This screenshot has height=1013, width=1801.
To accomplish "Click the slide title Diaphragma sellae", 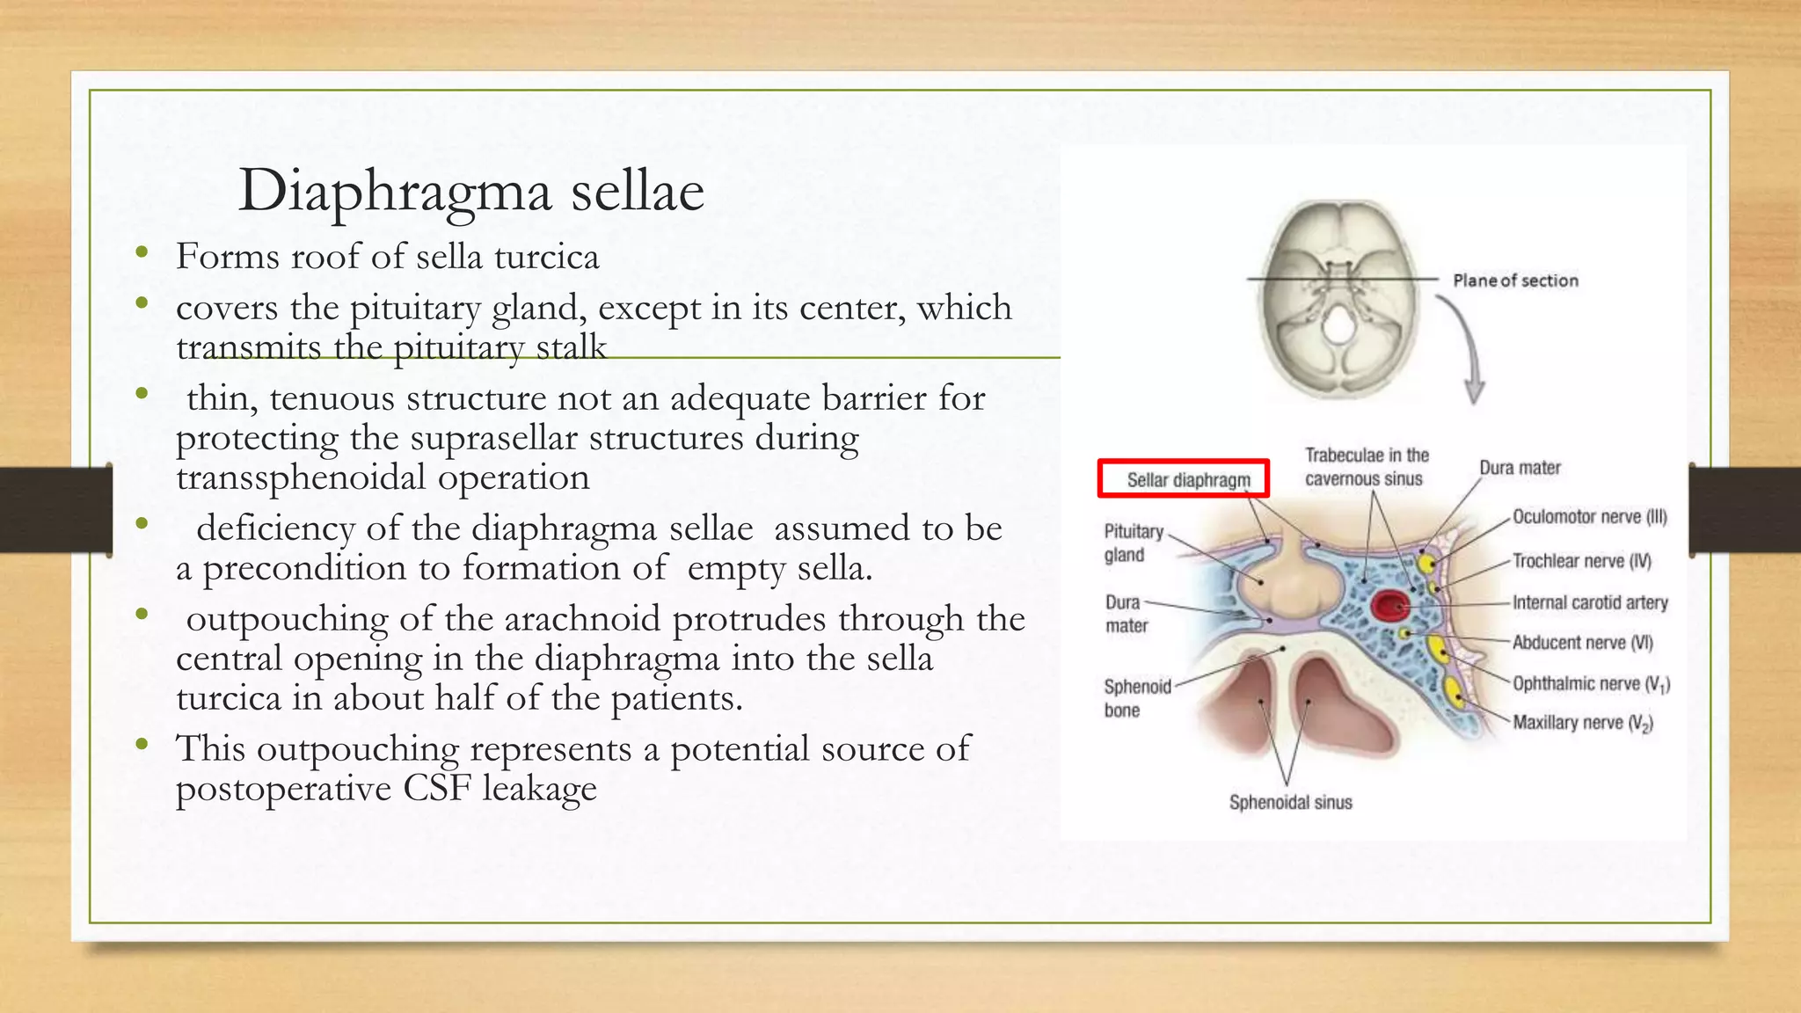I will point(471,191).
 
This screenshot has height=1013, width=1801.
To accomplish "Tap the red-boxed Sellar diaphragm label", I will point(1187,480).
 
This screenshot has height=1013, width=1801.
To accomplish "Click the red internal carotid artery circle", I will point(1390,605).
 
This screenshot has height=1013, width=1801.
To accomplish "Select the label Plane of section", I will point(1514,281).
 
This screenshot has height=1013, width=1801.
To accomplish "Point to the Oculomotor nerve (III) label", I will point(1589,517).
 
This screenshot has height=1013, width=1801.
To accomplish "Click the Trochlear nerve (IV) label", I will point(1581,561).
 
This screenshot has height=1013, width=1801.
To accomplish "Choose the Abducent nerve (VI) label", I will point(1582,643).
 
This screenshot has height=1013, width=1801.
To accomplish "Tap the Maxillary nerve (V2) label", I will point(1582,723).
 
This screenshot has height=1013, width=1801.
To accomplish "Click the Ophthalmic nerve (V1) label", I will point(1590,684).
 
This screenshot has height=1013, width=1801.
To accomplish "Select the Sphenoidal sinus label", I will point(1290,802).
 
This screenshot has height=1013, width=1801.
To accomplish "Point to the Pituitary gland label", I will point(1133,543).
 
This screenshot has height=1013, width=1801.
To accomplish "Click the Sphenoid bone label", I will point(1136,698).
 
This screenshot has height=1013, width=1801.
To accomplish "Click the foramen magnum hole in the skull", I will point(1338,326).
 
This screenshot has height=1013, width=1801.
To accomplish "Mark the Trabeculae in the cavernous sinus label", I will point(1366,467).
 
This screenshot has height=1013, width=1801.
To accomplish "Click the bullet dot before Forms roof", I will point(142,254).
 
